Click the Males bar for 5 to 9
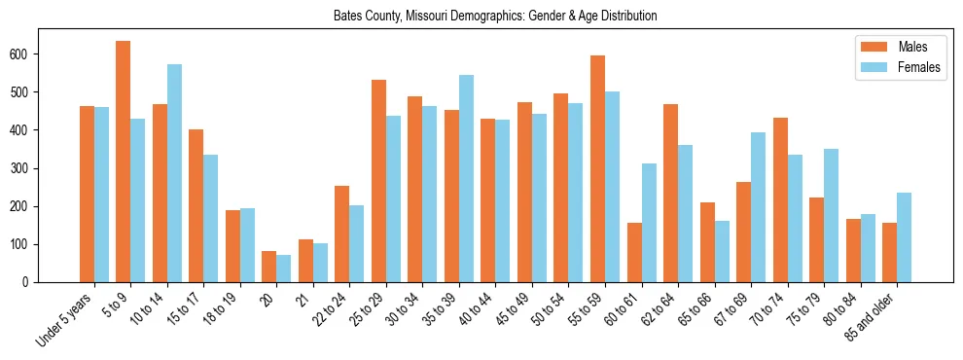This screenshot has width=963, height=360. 124,162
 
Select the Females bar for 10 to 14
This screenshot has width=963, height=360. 174,173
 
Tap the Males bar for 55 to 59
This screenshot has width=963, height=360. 597,168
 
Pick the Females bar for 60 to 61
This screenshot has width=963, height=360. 649,223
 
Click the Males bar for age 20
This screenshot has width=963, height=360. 269,267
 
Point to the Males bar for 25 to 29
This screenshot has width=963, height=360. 378,181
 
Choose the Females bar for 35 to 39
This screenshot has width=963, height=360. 466,178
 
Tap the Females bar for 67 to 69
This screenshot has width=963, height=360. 758,207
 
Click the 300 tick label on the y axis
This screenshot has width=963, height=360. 27,168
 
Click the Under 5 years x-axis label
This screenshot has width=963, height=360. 66,318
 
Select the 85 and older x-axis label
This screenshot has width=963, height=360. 869,320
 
